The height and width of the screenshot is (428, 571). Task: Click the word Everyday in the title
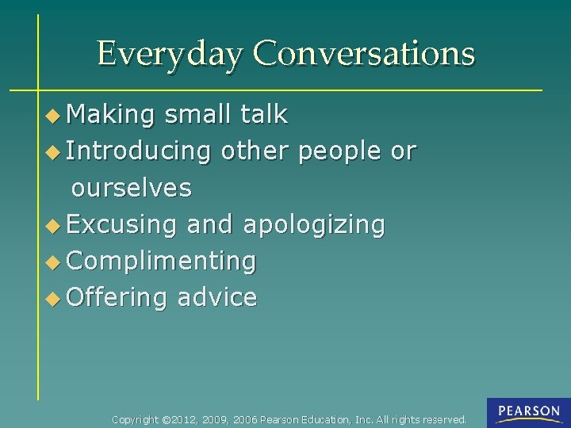169,54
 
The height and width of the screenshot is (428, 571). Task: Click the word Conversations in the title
364,53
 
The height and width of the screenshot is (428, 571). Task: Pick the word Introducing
139,151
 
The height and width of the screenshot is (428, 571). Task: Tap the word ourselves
132,188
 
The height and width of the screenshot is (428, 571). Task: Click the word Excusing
121,225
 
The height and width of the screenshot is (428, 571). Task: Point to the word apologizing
314,225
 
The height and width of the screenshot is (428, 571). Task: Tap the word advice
217,298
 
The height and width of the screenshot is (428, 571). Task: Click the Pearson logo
528,413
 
